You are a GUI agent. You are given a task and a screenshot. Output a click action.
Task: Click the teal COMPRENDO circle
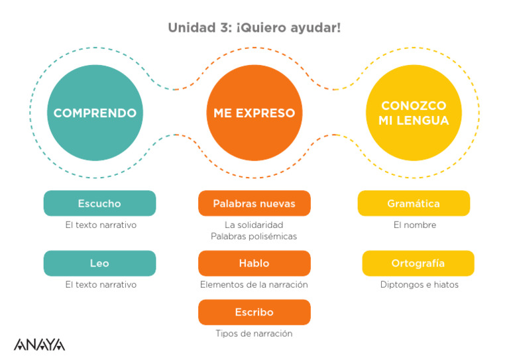point(95,113)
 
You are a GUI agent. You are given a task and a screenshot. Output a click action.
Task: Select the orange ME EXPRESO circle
point(254,113)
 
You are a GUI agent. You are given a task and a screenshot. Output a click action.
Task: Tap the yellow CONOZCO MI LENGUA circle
point(414,113)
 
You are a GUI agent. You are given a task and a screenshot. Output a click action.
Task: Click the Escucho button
point(99,204)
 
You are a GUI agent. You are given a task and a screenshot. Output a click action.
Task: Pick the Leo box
point(99,263)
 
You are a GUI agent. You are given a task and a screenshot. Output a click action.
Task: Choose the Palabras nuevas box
point(254,204)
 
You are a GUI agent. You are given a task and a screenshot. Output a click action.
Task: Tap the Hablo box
point(254,263)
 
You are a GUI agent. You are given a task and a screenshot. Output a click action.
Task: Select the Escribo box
point(254,312)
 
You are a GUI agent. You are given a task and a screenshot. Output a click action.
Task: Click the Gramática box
point(414,204)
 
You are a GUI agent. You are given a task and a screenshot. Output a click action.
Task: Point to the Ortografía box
point(418,263)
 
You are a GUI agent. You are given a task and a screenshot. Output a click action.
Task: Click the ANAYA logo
point(40,345)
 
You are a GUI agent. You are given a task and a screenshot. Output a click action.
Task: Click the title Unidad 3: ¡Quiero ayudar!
point(254,28)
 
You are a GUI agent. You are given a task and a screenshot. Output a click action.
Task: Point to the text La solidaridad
point(254,225)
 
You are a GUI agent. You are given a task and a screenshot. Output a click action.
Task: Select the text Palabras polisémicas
point(254,236)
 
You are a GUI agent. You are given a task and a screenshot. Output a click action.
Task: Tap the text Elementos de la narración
point(254,284)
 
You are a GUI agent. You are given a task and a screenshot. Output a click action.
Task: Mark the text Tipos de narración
point(254,333)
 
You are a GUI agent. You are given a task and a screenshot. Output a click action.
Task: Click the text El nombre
point(415,225)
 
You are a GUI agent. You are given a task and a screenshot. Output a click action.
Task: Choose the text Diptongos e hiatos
point(419,284)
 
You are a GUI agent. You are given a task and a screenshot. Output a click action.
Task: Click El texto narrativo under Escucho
point(101,225)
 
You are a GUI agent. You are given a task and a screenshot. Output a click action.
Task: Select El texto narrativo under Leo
point(101,284)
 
